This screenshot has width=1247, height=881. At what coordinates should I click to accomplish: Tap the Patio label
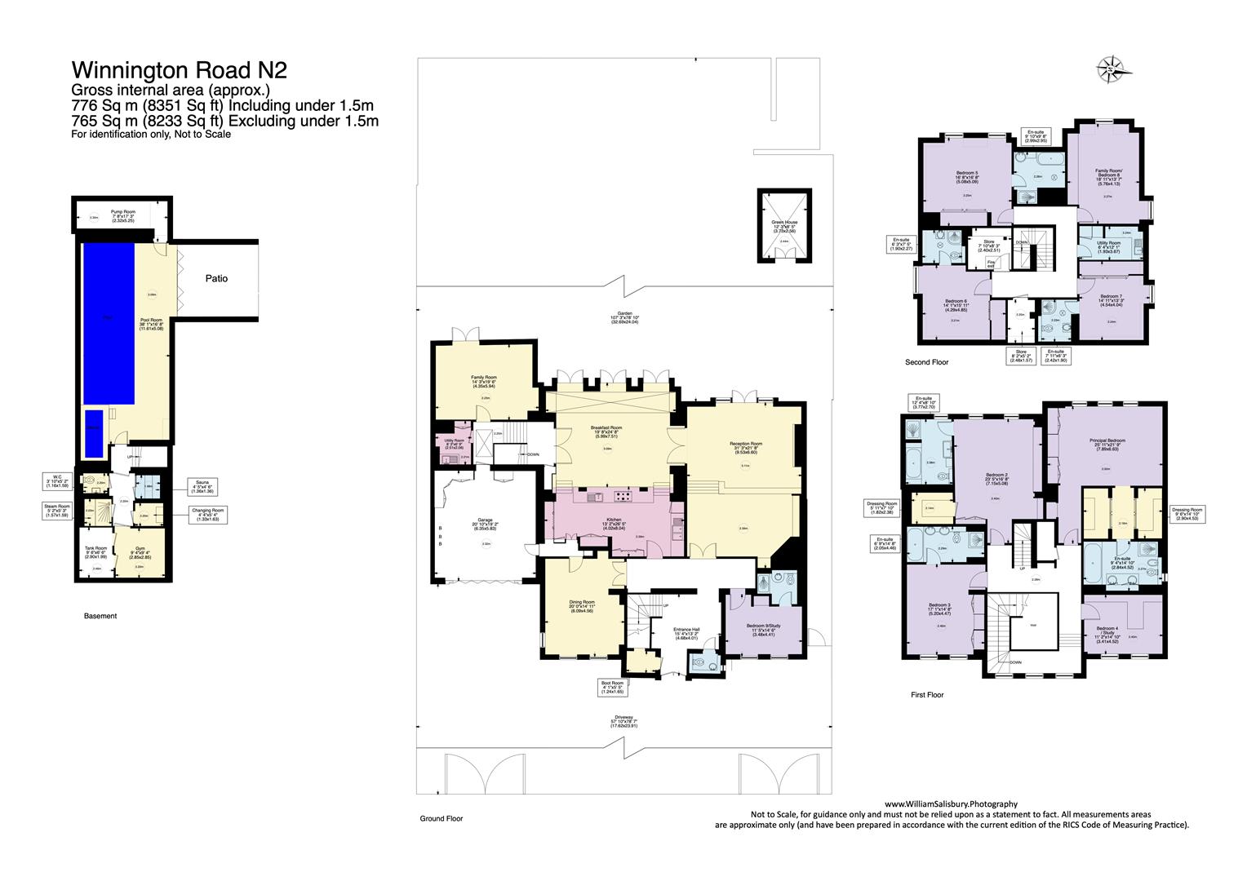(x=216, y=278)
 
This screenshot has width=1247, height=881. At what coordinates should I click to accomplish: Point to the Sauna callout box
(x=201, y=487)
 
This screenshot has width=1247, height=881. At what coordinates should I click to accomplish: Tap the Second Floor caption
(x=926, y=361)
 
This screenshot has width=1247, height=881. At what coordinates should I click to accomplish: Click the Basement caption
(x=100, y=616)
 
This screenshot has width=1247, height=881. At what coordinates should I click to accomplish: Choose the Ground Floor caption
(x=442, y=818)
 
